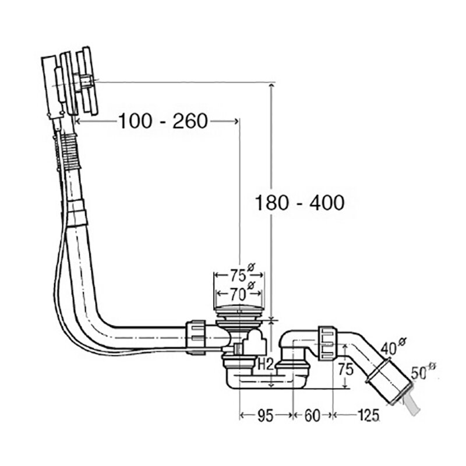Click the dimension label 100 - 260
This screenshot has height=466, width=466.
tap(163, 121)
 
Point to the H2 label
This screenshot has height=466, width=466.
tap(266, 365)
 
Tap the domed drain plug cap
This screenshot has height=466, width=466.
tap(239, 307)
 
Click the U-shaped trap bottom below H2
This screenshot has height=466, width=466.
tap(265, 382)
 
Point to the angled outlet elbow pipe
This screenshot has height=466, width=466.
tap(364, 355)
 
